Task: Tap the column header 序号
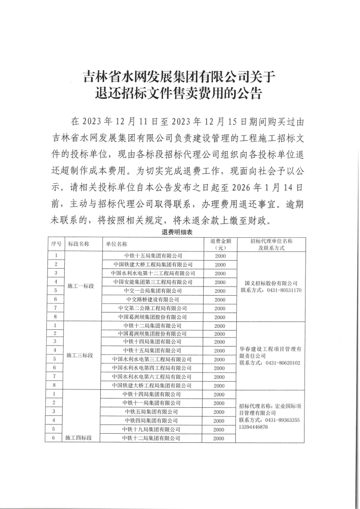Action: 56,244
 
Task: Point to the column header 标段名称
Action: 79,244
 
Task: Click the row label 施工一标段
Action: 81,287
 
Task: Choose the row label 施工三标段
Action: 81,355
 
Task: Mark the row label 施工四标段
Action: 81,438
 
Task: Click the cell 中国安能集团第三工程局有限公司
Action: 153,282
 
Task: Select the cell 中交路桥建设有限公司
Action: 153,299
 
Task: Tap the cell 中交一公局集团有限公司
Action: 153,291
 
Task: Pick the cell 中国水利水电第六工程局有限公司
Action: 153,377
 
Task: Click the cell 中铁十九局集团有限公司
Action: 153,429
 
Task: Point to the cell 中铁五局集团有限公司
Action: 153,412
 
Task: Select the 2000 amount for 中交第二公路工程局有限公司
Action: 219,308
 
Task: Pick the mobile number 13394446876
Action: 254,427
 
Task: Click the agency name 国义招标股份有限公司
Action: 271,283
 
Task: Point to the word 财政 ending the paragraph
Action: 265,221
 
